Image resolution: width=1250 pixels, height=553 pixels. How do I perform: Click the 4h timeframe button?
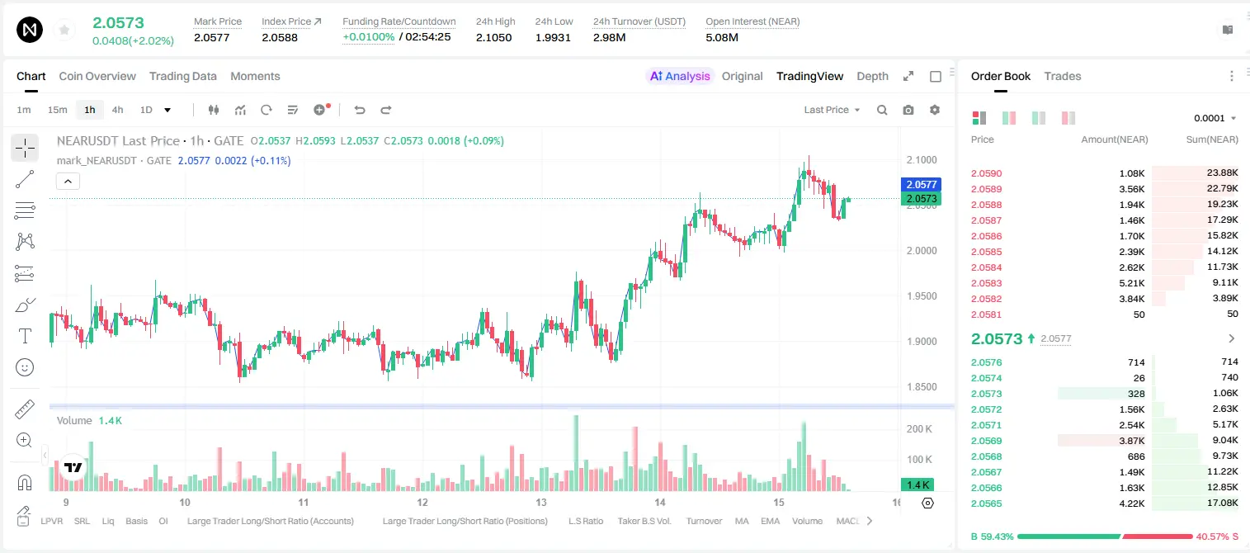[x=117, y=110]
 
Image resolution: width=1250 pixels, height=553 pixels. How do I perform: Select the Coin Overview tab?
[x=97, y=76]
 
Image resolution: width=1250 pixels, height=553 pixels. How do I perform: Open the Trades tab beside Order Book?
[x=1063, y=76]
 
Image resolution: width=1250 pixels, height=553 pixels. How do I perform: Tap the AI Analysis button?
[x=680, y=76]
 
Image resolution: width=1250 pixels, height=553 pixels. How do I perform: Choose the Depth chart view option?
[x=872, y=76]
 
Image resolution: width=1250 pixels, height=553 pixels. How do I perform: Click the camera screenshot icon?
[x=908, y=110]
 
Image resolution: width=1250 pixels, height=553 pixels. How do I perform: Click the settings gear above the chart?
[x=935, y=110]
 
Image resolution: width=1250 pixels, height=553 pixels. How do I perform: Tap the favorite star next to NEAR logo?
[x=64, y=30]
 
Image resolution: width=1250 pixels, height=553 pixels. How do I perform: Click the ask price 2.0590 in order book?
[x=986, y=173]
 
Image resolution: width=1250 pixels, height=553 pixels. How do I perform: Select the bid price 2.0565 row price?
[x=986, y=503]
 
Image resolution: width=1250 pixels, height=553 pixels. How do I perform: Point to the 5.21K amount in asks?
[x=1132, y=283]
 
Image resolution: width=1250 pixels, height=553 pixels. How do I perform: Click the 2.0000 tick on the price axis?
[x=922, y=251]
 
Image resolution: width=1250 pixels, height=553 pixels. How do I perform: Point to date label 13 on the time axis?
[x=540, y=502]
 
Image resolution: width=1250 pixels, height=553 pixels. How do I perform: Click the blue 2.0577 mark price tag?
[x=922, y=184]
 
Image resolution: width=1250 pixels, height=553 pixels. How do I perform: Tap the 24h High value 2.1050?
[x=494, y=37]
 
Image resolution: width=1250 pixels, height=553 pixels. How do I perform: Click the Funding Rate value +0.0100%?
[x=368, y=37]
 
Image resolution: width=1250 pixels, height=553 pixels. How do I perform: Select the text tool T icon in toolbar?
[x=25, y=336]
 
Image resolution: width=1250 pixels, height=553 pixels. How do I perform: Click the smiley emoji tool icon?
[x=25, y=367]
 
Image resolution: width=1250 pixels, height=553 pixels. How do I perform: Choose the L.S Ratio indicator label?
[x=585, y=521]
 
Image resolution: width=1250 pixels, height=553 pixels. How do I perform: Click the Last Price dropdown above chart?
[x=832, y=110]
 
